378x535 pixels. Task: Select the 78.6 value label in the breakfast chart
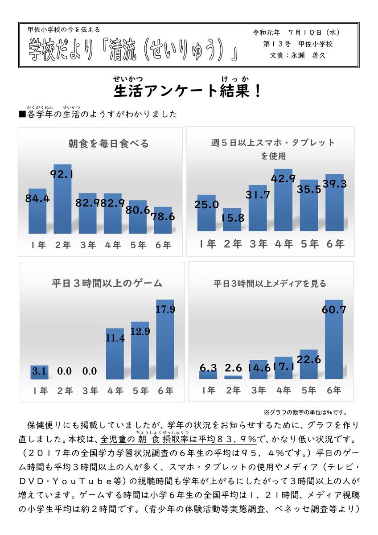coord(163,217)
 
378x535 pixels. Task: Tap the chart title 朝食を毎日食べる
coord(108,144)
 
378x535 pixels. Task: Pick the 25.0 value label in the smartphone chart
coord(206,205)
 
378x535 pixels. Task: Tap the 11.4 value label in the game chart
coord(115,339)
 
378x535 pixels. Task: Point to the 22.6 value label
coord(309,358)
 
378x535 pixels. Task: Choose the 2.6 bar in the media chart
coord(233,377)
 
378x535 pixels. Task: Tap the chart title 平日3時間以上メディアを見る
coord(270,283)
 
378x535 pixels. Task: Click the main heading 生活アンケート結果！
coord(187,91)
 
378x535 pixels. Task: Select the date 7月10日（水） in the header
coord(314,33)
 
